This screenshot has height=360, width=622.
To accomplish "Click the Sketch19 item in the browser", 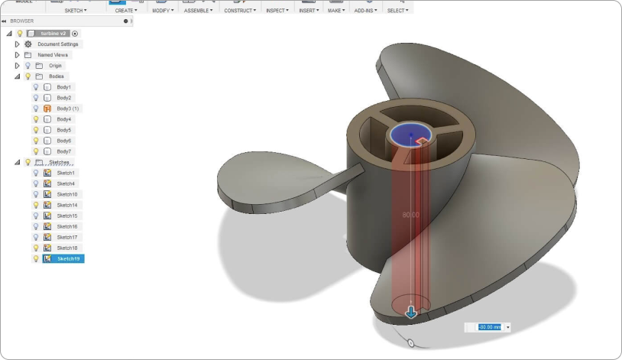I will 68,259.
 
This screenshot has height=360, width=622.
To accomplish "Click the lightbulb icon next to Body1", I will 36,87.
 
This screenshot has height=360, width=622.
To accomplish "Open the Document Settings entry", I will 58,44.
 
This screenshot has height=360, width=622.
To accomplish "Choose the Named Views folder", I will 53,55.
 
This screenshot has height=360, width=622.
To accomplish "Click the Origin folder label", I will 55,66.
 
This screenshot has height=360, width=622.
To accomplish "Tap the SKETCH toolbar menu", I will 75,11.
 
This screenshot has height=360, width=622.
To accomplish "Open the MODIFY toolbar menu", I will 164,11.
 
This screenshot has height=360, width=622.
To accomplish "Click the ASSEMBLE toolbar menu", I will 200,11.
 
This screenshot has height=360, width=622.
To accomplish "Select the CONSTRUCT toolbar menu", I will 240,11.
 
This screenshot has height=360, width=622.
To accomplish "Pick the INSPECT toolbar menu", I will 277,11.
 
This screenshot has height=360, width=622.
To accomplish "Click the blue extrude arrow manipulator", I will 411,312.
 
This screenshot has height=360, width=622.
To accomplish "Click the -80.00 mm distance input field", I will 489,327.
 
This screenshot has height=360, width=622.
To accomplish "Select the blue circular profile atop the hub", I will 411,135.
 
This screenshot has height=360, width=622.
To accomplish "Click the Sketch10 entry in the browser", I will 67,194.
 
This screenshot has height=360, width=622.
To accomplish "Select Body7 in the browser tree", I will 63,151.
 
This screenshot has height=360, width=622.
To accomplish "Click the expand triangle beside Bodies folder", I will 18,76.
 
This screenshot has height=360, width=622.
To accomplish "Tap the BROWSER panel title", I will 22,21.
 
